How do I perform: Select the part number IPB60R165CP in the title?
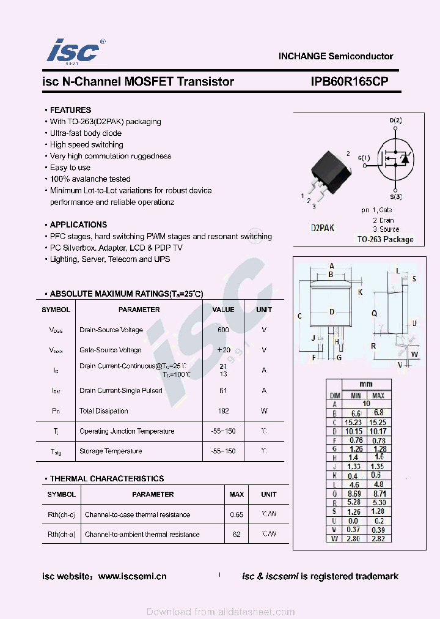pos(345,82)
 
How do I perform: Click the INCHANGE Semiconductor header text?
pos(335,56)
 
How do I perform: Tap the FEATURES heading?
pos(70,110)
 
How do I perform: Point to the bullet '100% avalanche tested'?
pos(90,179)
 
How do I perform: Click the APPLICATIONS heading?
pos(78,224)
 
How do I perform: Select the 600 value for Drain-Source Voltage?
pos(223,330)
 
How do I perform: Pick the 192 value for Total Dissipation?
pos(223,411)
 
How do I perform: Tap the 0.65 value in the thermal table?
pos(236,515)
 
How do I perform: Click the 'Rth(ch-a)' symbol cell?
pos(62,535)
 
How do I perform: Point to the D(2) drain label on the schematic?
pos(395,120)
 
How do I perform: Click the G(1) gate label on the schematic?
pos(364,158)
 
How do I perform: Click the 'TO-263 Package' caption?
pos(385,240)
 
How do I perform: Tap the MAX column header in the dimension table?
pos(378,396)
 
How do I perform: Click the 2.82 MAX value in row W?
pos(378,539)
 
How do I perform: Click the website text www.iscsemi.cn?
pos(132,576)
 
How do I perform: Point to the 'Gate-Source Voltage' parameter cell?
pos(111,350)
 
